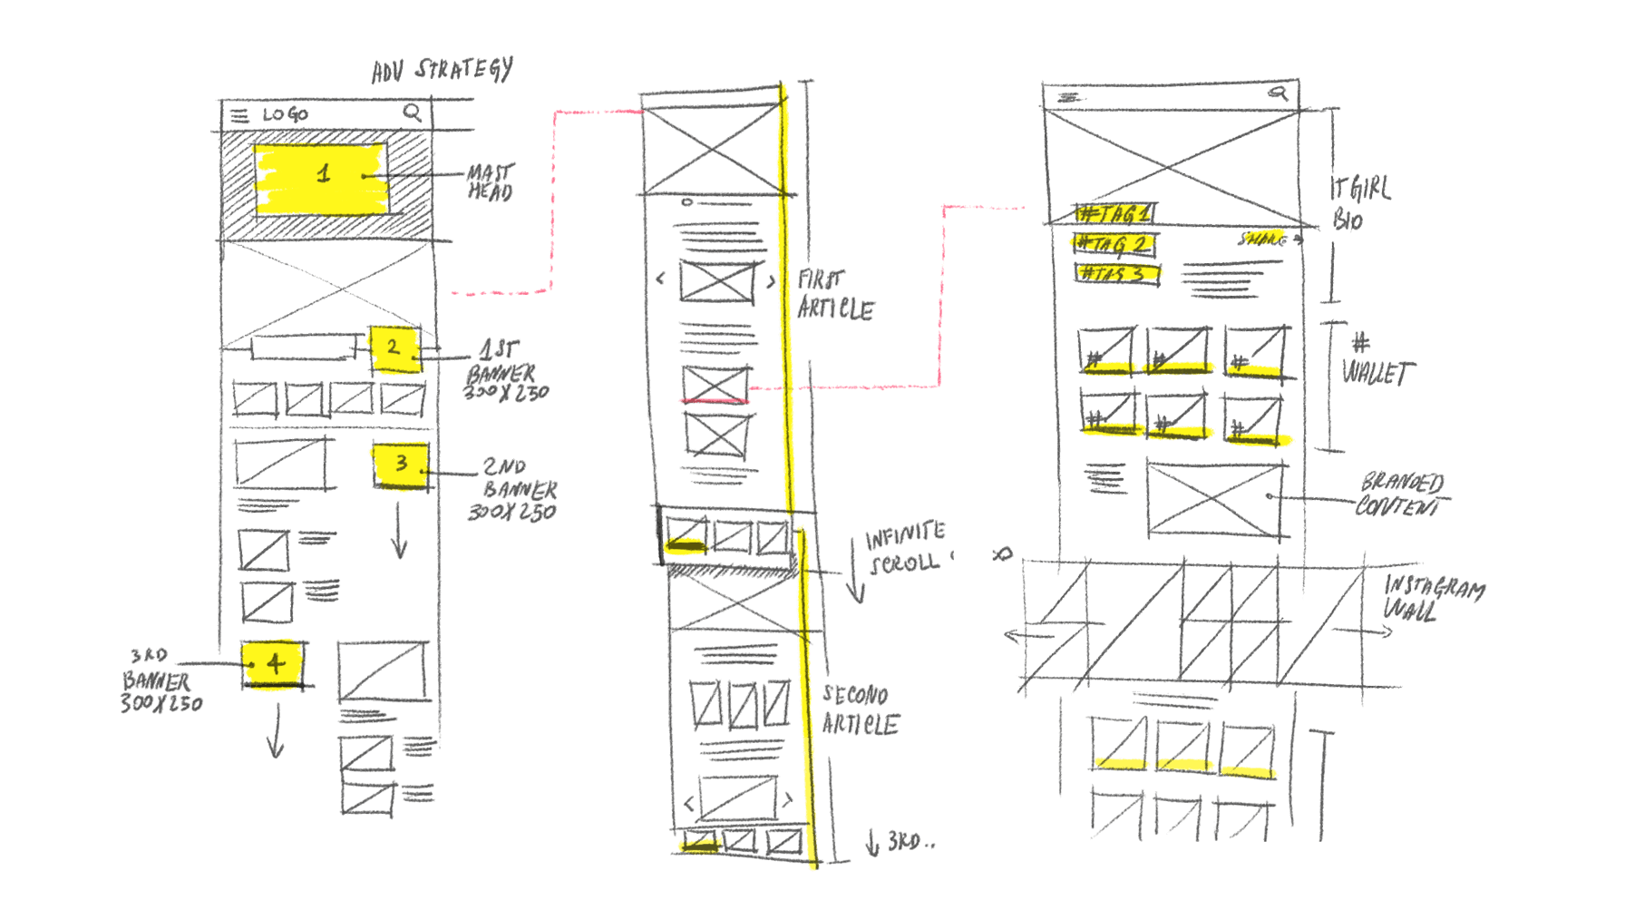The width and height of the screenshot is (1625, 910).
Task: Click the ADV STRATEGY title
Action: [443, 69]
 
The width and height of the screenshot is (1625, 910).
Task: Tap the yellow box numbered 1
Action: [322, 178]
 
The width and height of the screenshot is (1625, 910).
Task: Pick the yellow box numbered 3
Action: [401, 465]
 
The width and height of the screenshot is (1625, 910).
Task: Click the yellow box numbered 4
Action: [273, 665]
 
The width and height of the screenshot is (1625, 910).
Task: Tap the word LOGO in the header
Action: [286, 114]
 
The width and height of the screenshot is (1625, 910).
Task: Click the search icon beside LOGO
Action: [412, 112]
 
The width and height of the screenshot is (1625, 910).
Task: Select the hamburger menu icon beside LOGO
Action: [239, 115]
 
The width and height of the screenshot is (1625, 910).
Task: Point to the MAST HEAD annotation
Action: [491, 181]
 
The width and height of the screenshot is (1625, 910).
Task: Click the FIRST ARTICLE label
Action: [834, 294]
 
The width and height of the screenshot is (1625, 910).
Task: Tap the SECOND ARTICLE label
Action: [859, 710]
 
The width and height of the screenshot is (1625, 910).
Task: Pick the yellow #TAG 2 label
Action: [1114, 244]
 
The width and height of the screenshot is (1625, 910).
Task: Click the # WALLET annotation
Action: [1374, 361]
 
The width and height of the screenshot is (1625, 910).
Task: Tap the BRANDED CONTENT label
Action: [1402, 494]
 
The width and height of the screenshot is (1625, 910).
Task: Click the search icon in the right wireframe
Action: [1279, 92]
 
